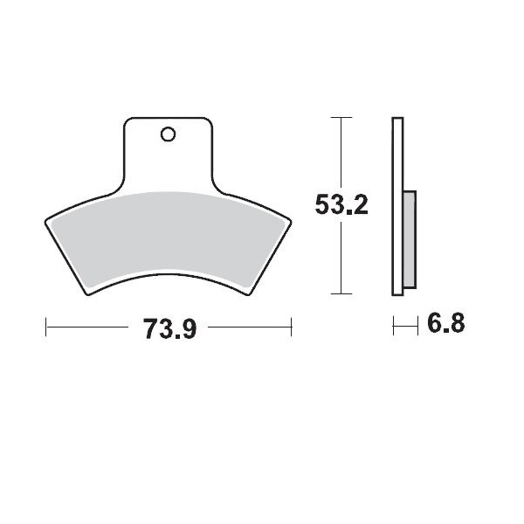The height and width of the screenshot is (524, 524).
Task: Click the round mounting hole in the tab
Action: [x=168, y=134]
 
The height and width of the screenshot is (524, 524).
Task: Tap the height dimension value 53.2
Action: [x=341, y=205]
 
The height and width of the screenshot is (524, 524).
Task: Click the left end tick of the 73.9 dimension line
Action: [x=45, y=327]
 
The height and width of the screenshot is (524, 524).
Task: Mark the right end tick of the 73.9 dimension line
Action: [x=291, y=327]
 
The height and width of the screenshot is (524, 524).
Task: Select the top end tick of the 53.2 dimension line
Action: [x=341, y=117]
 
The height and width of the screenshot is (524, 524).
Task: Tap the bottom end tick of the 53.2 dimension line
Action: [x=341, y=293]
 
